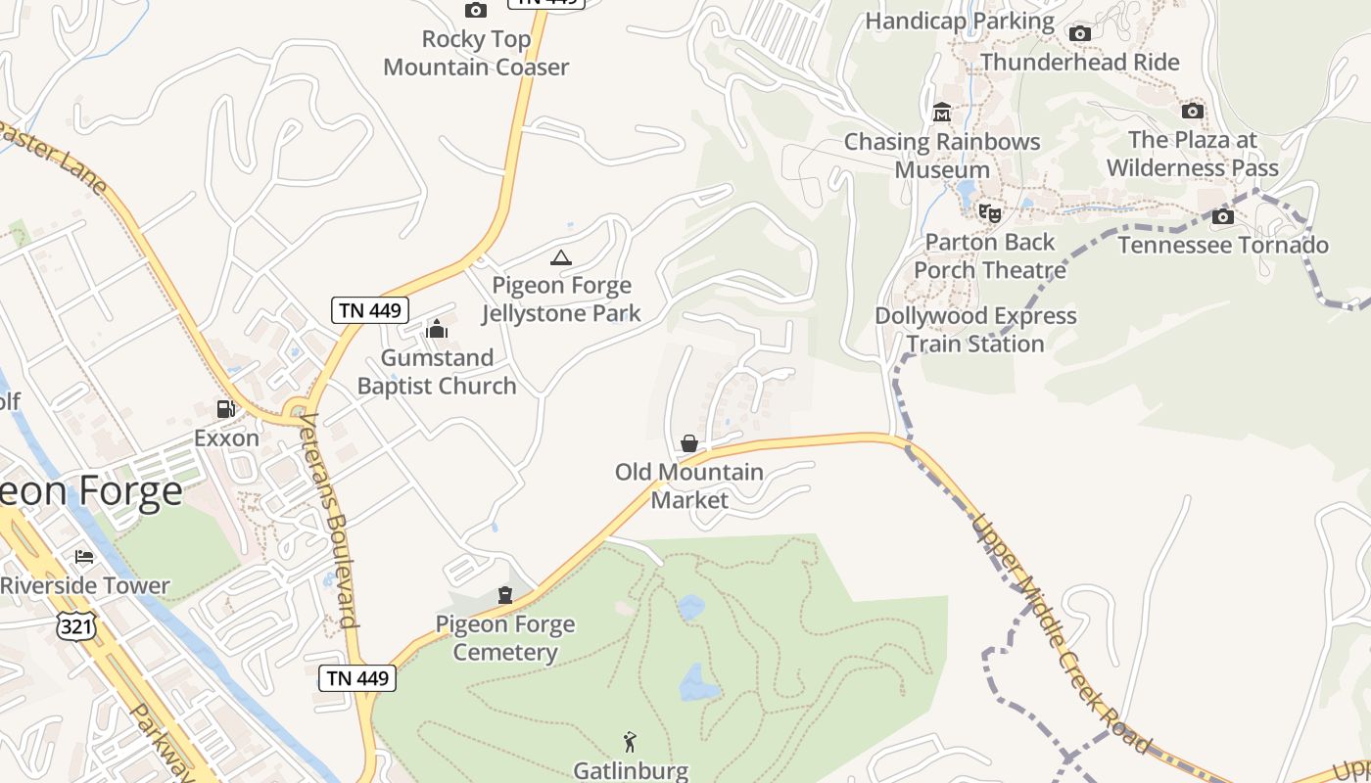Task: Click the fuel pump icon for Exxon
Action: [226, 409]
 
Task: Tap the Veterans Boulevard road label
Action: [328, 519]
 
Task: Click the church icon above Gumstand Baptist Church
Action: [437, 329]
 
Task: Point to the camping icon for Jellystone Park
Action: [560, 257]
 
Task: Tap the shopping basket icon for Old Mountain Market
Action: [689, 443]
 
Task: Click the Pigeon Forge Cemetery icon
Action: [505, 595]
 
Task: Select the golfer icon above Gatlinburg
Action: [631, 742]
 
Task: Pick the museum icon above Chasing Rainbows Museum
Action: [942, 113]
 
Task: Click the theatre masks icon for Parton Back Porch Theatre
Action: [990, 212]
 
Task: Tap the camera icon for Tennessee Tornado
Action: [1223, 216]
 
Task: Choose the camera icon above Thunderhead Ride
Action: [1080, 34]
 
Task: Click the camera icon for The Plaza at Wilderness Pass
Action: [1193, 111]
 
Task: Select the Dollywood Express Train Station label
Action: [975, 330]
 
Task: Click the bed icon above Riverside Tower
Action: [84, 557]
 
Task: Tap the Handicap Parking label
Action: [960, 21]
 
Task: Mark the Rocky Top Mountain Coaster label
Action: [476, 53]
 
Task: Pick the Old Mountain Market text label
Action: [689, 485]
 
